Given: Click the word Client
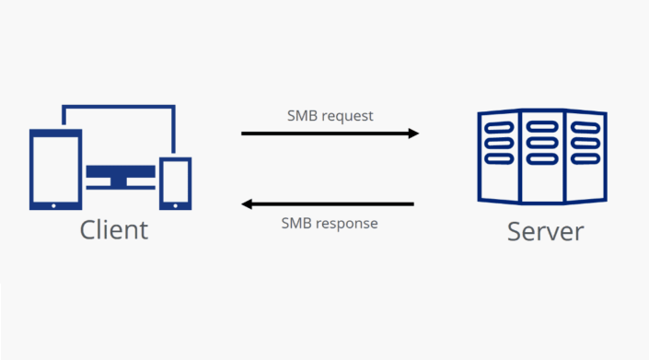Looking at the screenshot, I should point(113,228).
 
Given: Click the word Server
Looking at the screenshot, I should point(545,230).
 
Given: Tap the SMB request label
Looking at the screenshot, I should point(330,116).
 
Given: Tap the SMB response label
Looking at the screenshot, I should point(329,223).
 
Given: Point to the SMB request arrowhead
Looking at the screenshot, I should point(413,134).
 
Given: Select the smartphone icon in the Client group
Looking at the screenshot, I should point(175,182).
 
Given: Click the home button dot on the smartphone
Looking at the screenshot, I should point(175,203).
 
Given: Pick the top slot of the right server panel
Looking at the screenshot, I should point(584,126).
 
